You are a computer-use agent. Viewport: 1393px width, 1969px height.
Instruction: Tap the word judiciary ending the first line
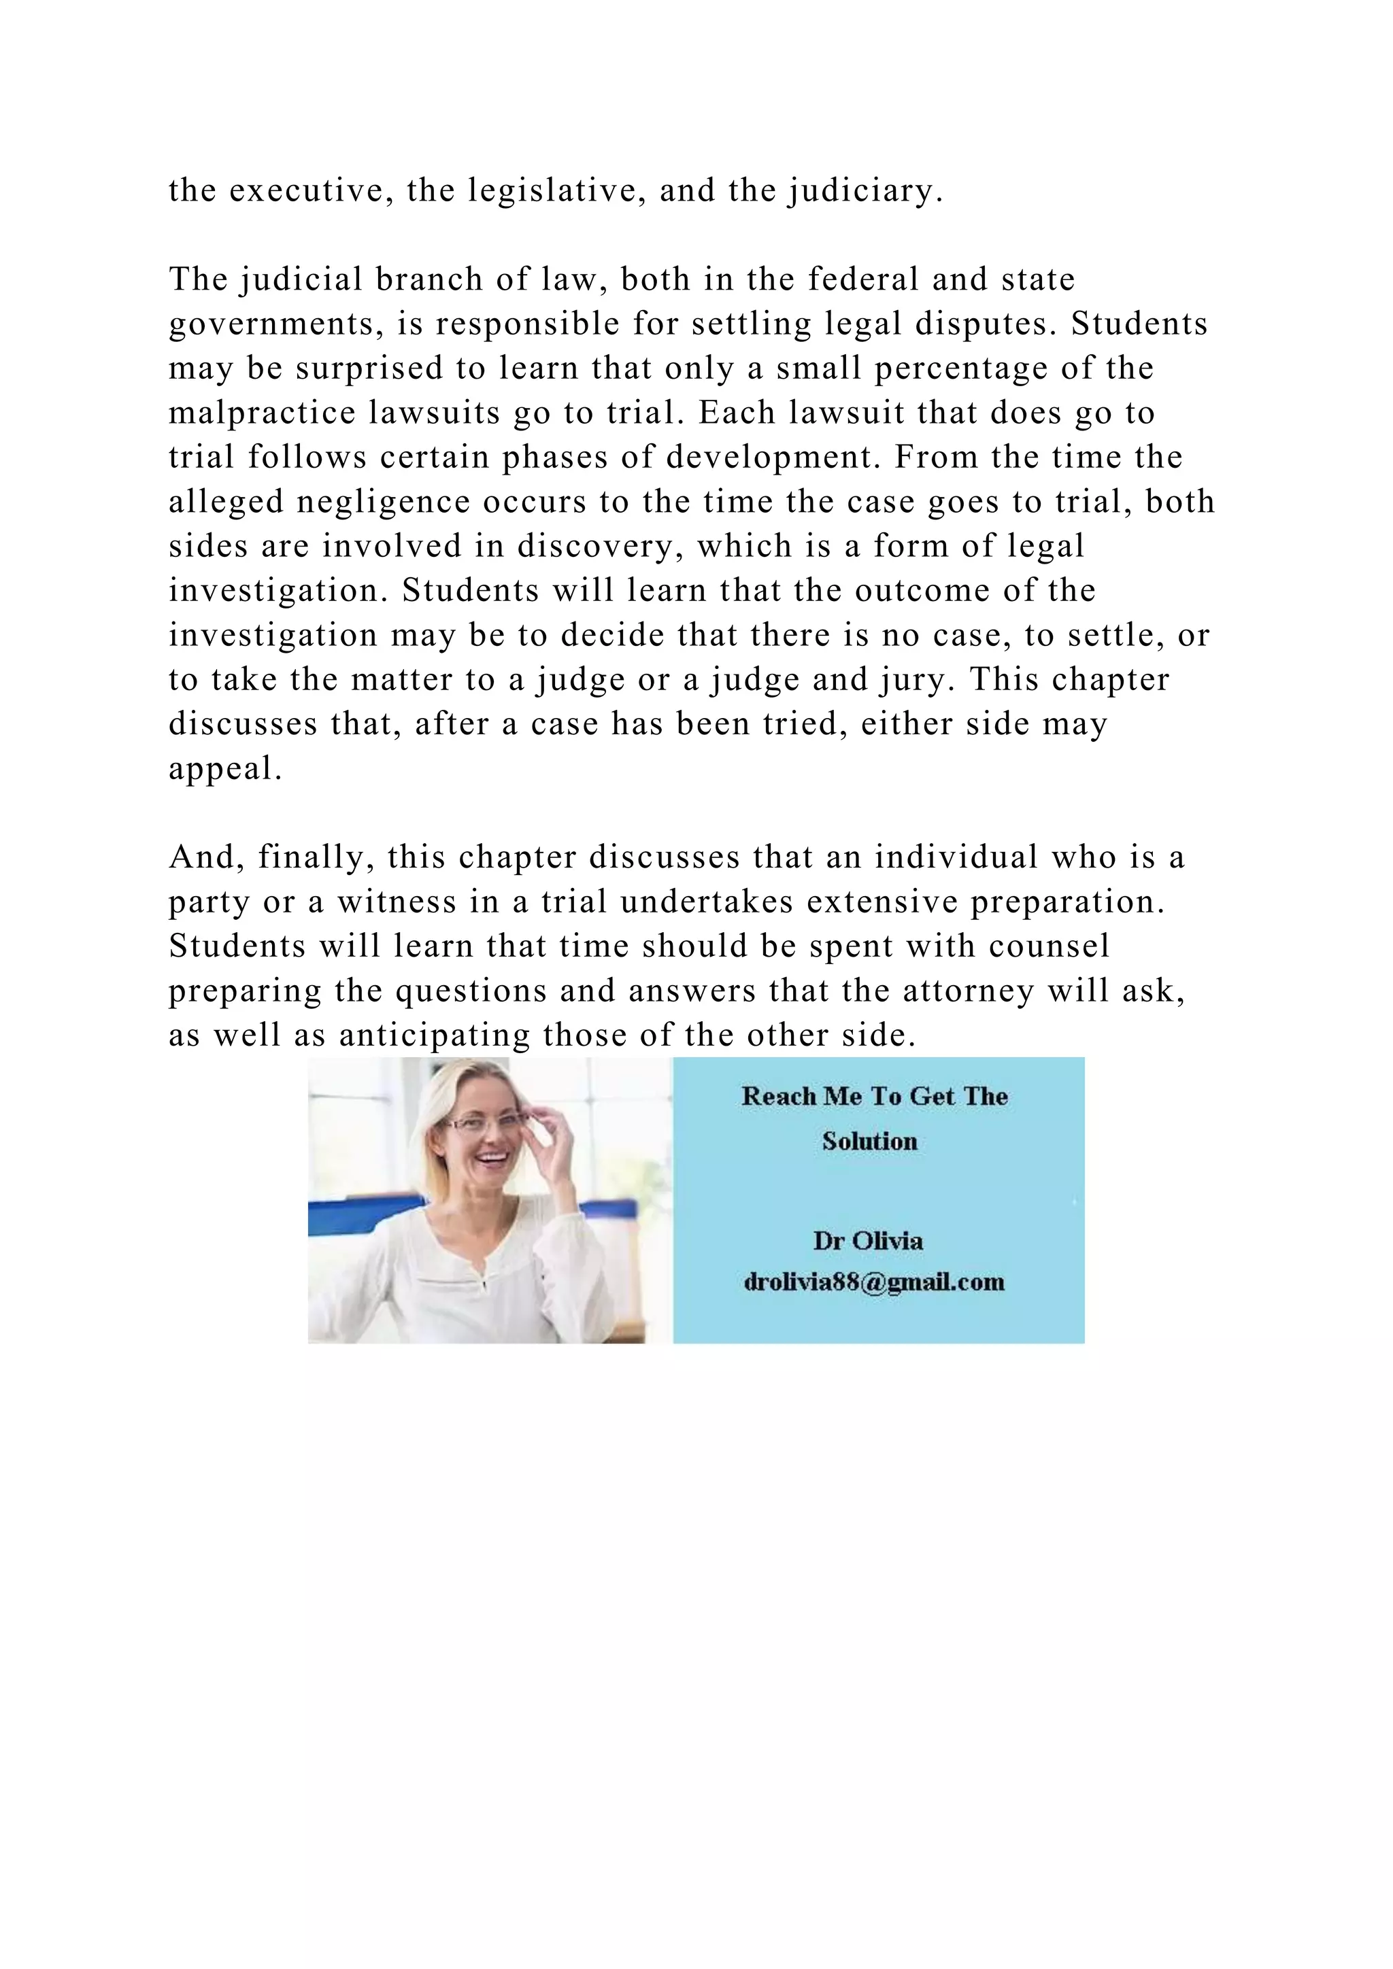[865, 190]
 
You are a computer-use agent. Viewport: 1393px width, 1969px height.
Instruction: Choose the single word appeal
[224, 769]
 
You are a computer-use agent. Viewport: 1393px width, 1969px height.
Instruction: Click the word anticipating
[435, 1036]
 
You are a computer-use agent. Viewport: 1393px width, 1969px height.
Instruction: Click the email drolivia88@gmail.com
[874, 1282]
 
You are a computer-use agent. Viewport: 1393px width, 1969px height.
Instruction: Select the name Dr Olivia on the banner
[868, 1241]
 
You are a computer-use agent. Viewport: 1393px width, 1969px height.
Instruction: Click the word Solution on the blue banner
[870, 1142]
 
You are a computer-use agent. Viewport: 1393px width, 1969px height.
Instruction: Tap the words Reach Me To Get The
[874, 1096]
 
